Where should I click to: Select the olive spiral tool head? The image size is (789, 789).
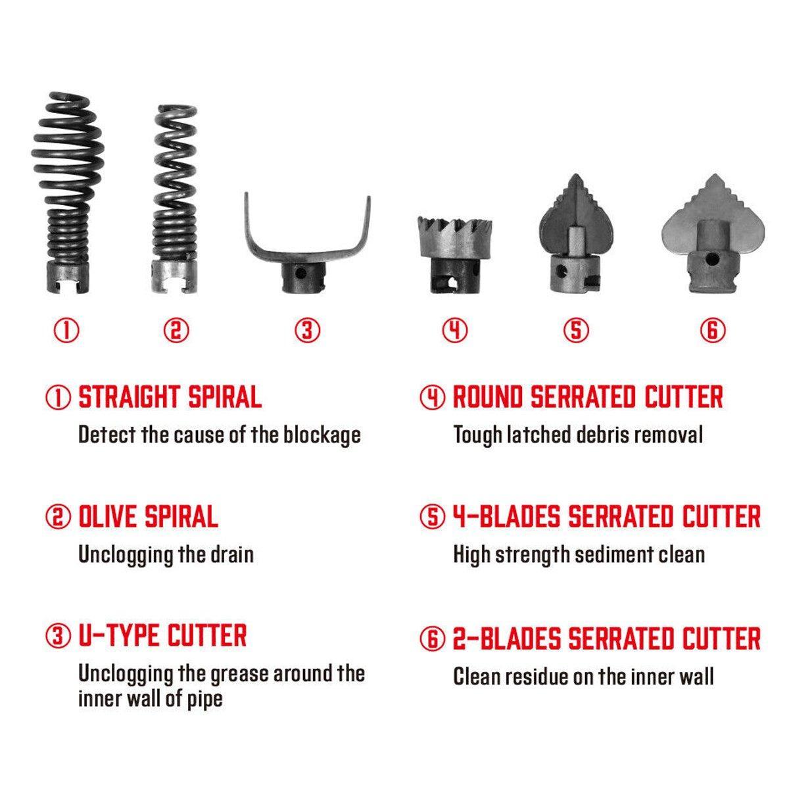(x=175, y=199)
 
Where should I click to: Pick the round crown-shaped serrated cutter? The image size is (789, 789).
(x=454, y=254)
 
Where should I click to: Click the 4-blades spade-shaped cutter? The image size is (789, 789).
(x=577, y=233)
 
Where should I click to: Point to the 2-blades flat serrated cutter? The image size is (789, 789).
(x=713, y=233)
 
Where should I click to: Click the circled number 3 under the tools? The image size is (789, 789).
(x=308, y=331)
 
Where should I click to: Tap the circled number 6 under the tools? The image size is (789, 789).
(x=713, y=331)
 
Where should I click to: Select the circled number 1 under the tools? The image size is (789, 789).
(x=67, y=331)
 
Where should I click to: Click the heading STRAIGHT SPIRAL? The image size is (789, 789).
(x=170, y=396)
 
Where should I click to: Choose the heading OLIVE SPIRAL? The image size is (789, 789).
(x=148, y=516)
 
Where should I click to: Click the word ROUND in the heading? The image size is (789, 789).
(x=488, y=396)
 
